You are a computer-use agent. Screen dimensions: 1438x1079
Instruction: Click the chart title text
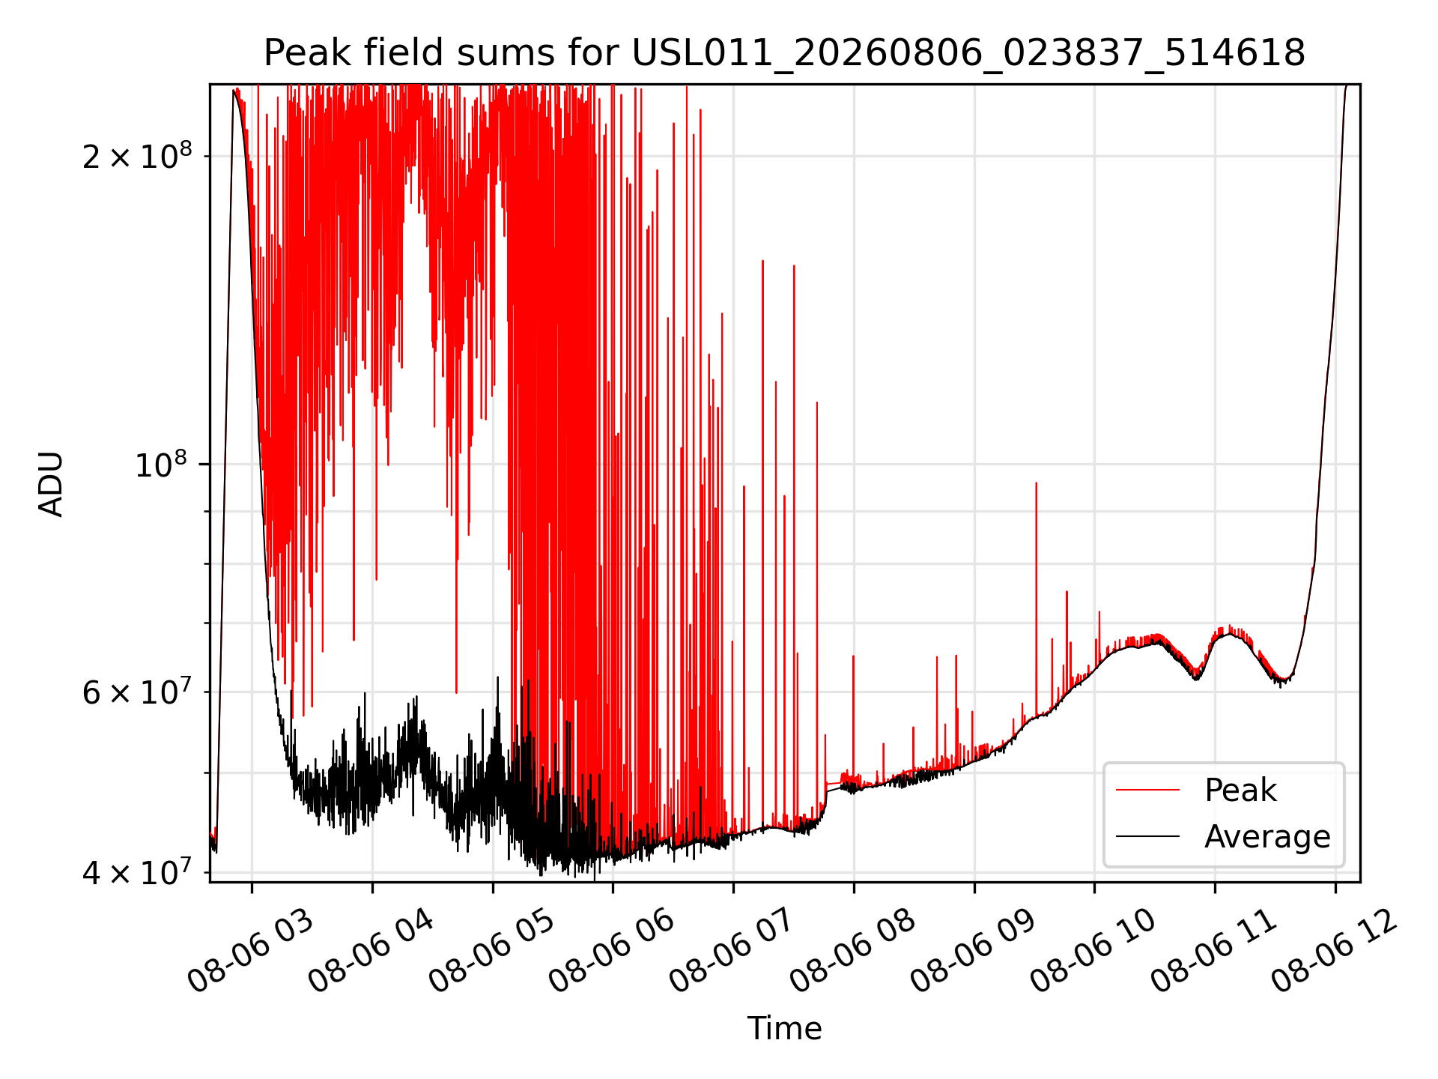coord(784,53)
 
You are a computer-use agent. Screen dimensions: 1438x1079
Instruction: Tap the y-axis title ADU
coord(51,483)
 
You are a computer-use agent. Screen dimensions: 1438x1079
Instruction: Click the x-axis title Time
coord(784,1028)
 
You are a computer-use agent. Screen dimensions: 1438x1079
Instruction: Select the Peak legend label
coord(1240,790)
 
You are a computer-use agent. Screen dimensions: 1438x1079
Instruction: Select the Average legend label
coord(1267,836)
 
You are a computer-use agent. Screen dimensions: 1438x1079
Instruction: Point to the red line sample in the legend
coord(1147,790)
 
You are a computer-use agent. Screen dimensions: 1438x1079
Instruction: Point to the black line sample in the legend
coord(1147,836)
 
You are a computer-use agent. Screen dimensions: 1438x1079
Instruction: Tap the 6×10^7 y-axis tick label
coord(137,692)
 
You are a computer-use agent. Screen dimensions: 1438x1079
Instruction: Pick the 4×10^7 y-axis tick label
coord(137,872)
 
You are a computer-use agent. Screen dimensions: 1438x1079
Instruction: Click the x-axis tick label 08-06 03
coord(250,951)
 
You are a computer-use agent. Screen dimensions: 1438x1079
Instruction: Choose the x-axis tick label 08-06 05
coord(491,951)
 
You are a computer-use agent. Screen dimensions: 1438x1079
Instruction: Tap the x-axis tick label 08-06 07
coord(732,951)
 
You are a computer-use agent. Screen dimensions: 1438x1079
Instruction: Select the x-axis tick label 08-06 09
coord(973,951)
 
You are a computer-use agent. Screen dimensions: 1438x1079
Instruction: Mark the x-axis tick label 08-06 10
coord(1093,951)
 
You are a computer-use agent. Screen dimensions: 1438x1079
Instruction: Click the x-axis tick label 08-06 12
coord(1334,951)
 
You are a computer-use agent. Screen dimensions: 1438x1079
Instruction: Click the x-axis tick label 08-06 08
coord(852,951)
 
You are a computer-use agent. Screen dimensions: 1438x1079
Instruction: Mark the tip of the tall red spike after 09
coord(1036,483)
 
